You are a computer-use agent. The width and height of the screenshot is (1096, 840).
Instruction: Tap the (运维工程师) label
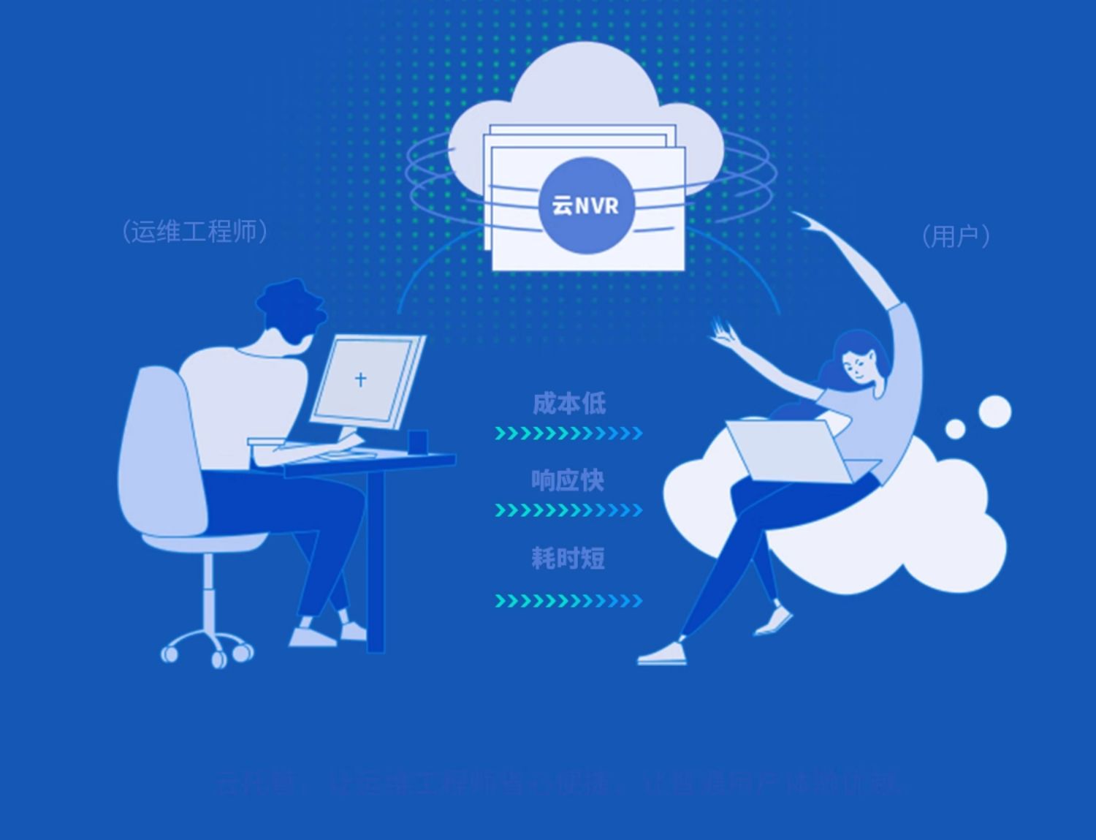point(195,231)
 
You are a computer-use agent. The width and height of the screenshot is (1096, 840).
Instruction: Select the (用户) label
point(956,235)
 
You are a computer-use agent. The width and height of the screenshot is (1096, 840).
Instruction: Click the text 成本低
point(568,403)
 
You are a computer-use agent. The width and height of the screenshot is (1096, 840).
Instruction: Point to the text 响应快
point(568,480)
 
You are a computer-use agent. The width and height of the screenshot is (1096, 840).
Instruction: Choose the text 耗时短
point(568,559)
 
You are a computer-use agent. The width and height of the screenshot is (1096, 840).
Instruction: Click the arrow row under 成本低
point(568,434)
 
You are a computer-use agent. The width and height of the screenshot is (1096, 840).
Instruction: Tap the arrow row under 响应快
point(568,510)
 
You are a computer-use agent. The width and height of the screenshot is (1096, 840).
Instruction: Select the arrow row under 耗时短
point(568,601)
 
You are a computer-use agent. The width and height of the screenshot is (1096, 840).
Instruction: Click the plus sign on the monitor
point(360,379)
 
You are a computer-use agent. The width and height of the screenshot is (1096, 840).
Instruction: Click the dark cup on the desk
point(417,442)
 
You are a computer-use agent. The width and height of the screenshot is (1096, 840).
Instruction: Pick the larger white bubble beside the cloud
point(994,411)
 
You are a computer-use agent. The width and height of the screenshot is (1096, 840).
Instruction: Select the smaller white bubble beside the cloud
point(955,428)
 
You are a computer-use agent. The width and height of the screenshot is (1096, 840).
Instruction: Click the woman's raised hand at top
point(807,221)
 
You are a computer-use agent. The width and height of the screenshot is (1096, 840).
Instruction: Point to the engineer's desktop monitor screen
point(363,380)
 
